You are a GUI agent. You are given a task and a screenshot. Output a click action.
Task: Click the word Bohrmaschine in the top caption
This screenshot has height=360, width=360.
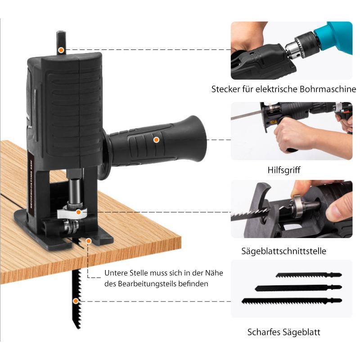[x=327, y=89]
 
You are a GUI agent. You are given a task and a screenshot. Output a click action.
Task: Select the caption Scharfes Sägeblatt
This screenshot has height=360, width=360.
[x=284, y=332]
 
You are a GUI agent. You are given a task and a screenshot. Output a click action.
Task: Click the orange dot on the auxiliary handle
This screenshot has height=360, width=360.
[x=156, y=139]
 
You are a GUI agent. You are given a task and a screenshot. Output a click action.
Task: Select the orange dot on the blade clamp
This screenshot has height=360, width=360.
[x=78, y=211]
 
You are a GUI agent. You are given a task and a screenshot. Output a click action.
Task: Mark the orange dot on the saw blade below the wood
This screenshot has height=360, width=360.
[x=76, y=301]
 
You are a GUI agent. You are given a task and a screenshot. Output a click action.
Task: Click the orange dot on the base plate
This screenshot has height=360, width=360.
[x=89, y=241]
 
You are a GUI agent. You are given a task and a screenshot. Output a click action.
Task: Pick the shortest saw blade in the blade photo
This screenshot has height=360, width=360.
[x=308, y=275]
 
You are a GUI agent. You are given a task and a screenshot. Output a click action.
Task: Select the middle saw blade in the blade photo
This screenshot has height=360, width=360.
[x=298, y=287]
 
